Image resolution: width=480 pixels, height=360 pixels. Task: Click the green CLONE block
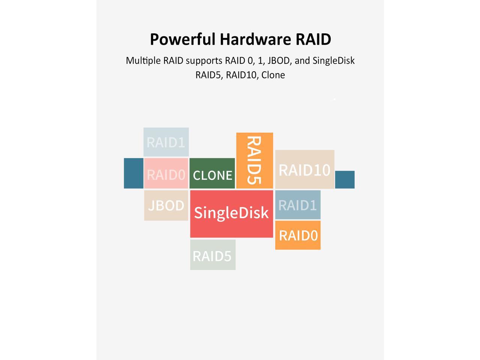212,173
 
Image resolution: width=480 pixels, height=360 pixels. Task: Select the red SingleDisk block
231,213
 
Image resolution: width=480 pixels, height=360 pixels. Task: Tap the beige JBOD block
166,205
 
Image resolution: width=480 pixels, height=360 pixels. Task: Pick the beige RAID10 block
304,169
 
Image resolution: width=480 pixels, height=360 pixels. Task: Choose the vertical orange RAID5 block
255,160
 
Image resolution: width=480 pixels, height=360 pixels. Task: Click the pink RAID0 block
166,174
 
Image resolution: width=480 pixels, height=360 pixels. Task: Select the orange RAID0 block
298,235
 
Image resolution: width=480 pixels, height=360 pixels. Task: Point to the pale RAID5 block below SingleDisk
213,255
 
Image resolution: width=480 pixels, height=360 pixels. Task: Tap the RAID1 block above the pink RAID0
166,142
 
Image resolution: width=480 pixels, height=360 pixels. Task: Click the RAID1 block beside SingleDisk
298,205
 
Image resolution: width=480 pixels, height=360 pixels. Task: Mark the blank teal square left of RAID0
133,173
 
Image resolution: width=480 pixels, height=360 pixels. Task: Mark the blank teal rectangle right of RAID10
345,180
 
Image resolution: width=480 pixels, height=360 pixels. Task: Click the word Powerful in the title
183,39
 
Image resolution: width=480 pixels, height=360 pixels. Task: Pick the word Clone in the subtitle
273,75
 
